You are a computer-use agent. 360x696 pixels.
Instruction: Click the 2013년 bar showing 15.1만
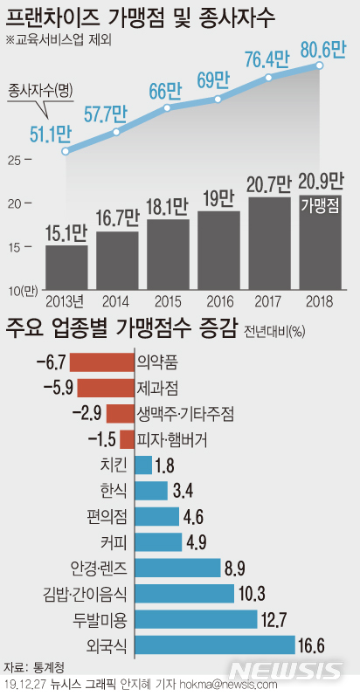point(66,267)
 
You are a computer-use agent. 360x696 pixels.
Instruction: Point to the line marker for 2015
point(168,108)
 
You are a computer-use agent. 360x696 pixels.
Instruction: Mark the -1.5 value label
point(102,439)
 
